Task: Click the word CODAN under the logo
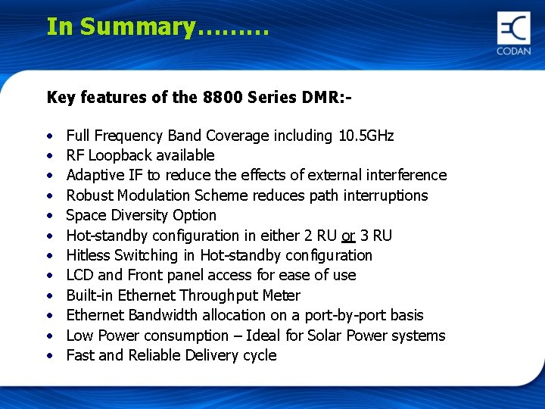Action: tap(513, 51)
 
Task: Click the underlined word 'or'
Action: tap(348, 236)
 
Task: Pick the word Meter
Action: tap(281, 295)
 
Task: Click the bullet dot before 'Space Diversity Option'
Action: tap(48, 216)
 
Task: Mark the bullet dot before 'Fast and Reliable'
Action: tap(48, 356)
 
